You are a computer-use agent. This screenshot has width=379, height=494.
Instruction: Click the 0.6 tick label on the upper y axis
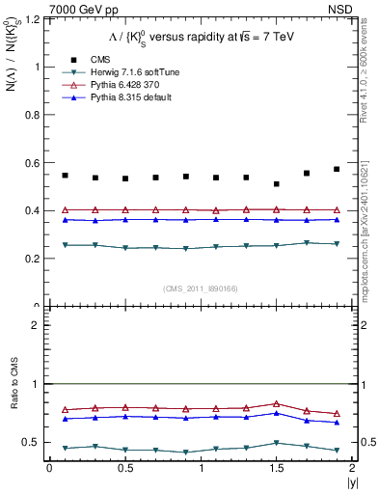[31, 163]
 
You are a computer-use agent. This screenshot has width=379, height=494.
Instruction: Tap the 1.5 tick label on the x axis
[277, 468]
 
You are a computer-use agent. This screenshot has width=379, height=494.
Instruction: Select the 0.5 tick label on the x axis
[125, 468]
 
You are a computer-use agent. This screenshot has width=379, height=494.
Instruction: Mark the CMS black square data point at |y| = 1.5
[277, 183]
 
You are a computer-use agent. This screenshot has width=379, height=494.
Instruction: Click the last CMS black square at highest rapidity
[337, 169]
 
